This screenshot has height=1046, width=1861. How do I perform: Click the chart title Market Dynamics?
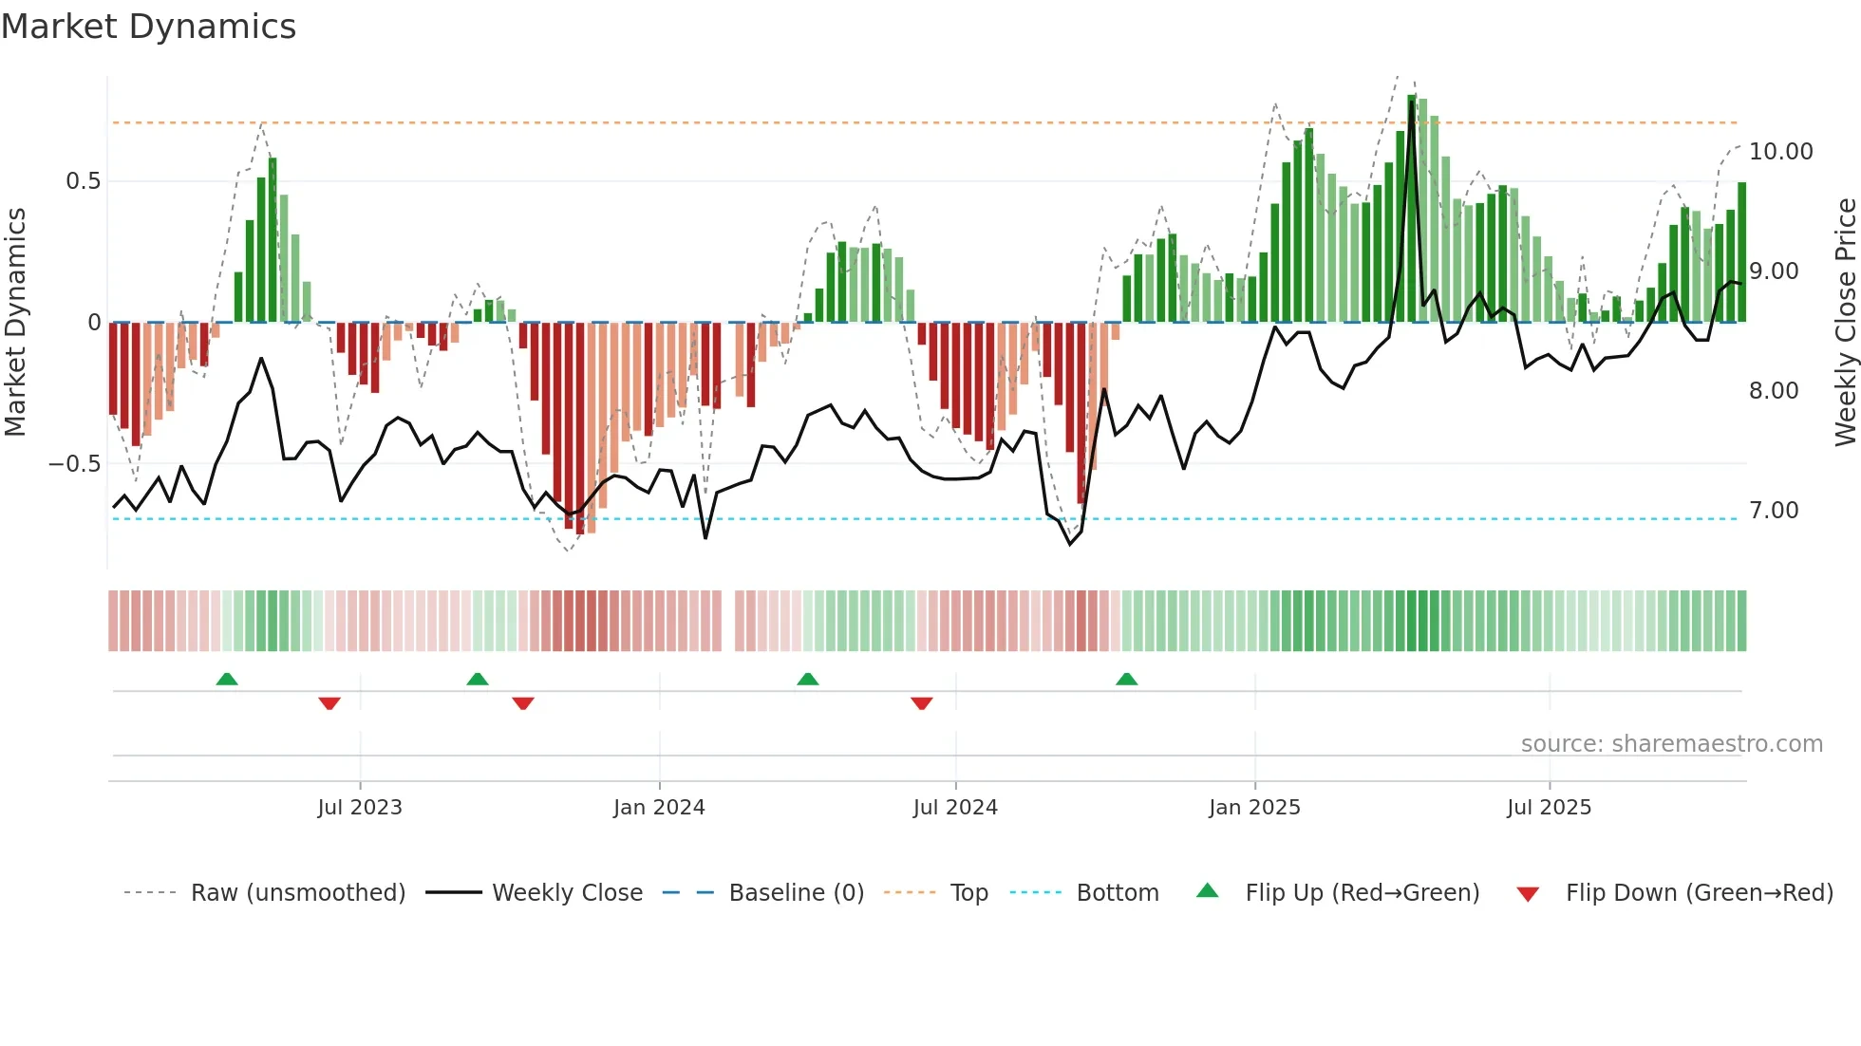149,27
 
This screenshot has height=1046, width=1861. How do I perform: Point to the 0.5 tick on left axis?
83,181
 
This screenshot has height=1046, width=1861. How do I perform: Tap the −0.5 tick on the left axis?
75,464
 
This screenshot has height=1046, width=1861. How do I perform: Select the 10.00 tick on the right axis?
1780,152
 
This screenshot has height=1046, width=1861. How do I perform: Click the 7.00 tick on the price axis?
1774,511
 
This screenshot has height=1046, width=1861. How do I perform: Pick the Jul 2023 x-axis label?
360,808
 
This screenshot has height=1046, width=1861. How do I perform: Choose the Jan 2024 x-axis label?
659,808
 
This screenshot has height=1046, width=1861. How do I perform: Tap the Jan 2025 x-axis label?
1254,808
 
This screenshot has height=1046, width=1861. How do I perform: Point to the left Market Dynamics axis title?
15,323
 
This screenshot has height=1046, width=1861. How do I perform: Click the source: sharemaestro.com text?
1671,744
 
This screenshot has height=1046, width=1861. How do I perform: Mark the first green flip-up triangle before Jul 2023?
227,680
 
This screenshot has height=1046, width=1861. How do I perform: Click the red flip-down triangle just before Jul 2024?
921,703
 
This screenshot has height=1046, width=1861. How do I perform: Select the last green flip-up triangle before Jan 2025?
1126,680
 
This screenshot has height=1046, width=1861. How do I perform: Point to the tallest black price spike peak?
1412,103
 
